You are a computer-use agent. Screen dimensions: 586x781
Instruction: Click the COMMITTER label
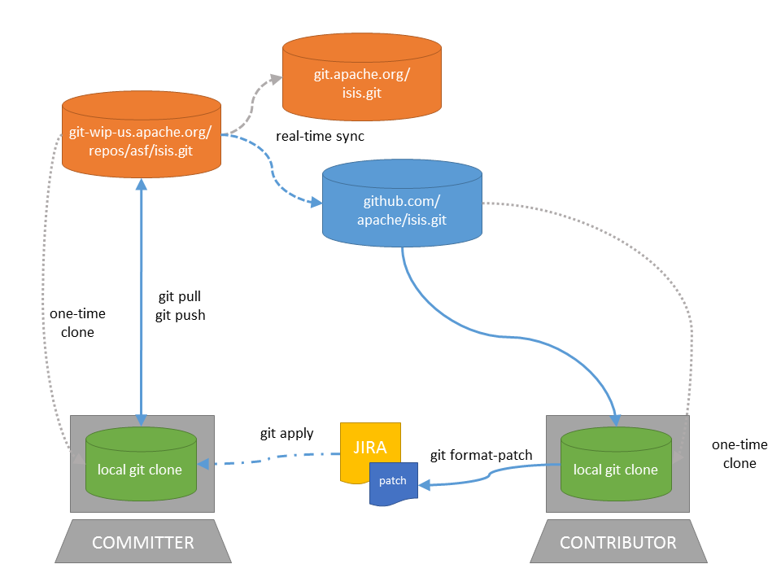coord(143,542)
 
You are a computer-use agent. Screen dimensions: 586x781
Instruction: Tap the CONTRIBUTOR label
coord(618,542)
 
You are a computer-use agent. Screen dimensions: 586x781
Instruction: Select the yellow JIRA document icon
coord(369,448)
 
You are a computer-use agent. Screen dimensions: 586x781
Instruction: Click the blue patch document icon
coord(392,482)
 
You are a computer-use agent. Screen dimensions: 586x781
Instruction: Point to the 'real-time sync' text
coord(320,136)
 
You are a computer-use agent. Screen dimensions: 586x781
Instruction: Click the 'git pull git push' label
coord(180,307)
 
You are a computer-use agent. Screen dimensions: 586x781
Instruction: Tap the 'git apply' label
coord(286,434)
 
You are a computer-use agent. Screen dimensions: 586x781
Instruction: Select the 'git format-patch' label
coord(481,455)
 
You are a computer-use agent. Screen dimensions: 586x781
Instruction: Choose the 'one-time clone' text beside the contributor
coord(734,454)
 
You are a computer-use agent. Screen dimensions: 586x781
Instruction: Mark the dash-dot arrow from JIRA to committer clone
coord(268,461)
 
